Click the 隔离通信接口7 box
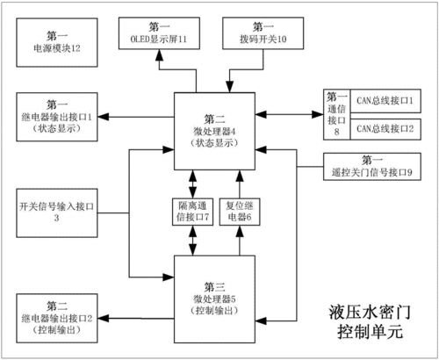click(190, 211)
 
